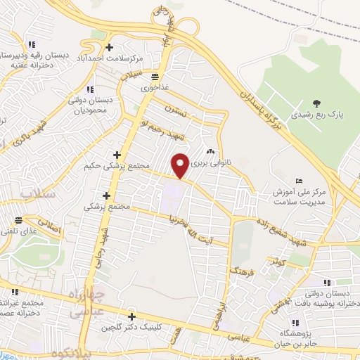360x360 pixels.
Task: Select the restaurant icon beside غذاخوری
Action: coord(154,77)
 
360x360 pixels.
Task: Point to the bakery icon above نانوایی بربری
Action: coord(210,152)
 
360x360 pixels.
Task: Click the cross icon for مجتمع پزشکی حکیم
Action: coord(117,155)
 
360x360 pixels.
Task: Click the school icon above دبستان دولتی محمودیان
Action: coord(89,90)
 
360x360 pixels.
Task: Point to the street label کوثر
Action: coord(275,262)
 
